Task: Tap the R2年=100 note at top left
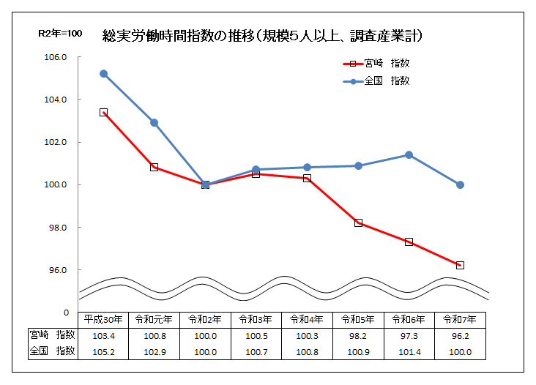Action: coord(60,34)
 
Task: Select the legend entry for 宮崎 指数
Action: coord(377,63)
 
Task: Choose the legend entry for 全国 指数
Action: coord(377,81)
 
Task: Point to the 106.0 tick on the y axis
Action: coord(57,57)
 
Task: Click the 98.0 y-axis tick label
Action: coord(57,228)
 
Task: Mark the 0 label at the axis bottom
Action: coord(66,313)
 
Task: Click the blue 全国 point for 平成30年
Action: coord(103,74)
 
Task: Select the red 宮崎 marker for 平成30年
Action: coord(103,112)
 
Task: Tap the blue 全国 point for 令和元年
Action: coord(155,123)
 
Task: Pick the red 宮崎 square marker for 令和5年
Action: coord(358,223)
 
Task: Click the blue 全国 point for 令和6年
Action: coord(409,154)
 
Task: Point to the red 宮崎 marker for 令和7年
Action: coord(460,265)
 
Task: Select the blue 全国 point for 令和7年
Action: coord(460,184)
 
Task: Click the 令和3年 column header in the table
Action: coord(256,320)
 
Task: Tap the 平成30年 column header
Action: coord(103,320)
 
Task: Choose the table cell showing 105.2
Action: coord(103,351)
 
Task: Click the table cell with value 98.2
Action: coord(358,335)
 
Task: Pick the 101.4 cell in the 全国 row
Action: coord(409,351)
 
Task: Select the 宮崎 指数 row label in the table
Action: coord(52,335)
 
